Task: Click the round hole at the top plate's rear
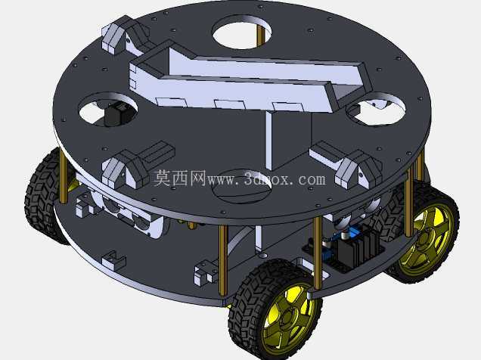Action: pos(242,33)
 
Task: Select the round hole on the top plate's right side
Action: pos(376,109)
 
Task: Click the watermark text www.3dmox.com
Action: pos(266,179)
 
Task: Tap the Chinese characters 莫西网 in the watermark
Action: pos(180,178)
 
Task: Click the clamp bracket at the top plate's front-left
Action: pos(135,166)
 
